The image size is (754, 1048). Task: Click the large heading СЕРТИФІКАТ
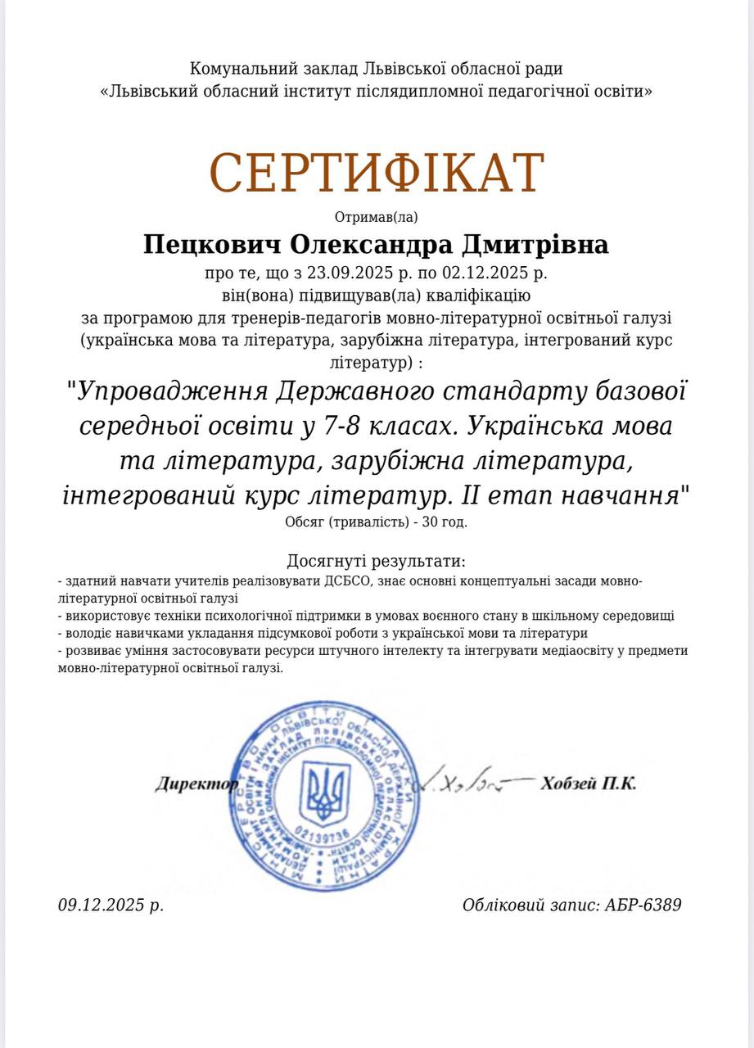coord(377,173)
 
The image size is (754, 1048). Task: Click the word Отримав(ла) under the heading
coord(377,217)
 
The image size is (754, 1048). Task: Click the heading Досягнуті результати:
coord(377,561)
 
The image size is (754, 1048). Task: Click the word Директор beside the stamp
coord(195,784)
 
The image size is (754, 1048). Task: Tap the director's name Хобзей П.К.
coord(588,784)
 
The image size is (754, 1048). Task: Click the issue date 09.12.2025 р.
coord(111,905)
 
